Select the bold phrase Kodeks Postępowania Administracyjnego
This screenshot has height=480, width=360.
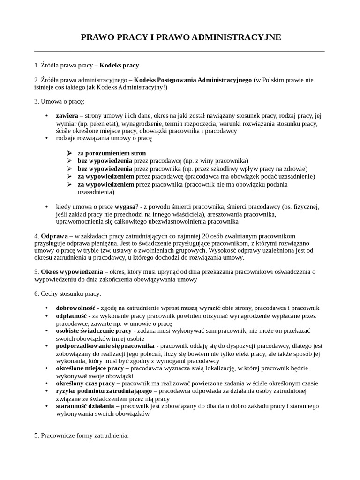point(193,80)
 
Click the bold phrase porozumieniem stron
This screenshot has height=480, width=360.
point(115,153)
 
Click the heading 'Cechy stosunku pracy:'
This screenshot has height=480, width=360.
point(67,293)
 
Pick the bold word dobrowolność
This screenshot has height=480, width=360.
point(75,308)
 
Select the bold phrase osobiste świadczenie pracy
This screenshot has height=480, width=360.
point(94,331)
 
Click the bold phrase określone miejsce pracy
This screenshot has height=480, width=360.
point(90,368)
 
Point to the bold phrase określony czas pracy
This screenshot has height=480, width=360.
point(85,383)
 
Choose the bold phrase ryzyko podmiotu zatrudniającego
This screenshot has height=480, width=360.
point(104,390)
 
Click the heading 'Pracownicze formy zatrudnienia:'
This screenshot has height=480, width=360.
point(82,435)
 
